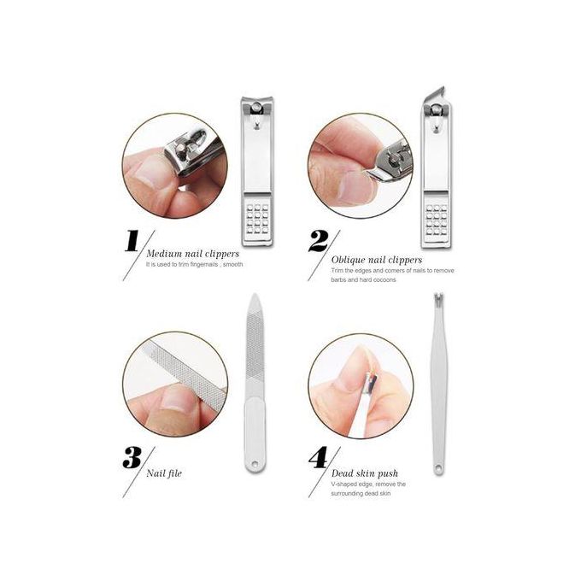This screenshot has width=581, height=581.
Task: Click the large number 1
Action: click(x=132, y=241)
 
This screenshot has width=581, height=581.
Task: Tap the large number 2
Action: click(x=319, y=241)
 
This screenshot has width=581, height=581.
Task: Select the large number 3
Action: click(x=132, y=458)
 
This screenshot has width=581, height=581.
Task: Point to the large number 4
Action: click(x=319, y=458)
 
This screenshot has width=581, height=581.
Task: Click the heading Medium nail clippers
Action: click(x=193, y=254)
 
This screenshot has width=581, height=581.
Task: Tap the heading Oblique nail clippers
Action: click(x=377, y=260)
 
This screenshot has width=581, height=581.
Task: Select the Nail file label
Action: click(x=164, y=473)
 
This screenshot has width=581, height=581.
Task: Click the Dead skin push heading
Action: click(x=365, y=473)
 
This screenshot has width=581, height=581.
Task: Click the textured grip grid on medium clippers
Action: click(x=257, y=219)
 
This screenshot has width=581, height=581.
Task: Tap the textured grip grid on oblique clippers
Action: click(x=437, y=220)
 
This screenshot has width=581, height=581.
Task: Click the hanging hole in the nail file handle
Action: click(x=255, y=464)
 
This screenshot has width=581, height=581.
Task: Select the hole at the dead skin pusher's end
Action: click(x=438, y=468)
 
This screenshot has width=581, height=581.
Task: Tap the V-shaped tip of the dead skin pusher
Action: click(x=438, y=296)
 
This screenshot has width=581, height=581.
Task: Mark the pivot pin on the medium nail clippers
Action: click(x=256, y=109)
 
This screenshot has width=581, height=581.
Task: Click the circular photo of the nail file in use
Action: click(x=175, y=384)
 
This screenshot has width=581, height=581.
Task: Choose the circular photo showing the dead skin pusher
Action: click(x=361, y=386)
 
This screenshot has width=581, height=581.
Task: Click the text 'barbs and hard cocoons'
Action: click(x=363, y=279)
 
